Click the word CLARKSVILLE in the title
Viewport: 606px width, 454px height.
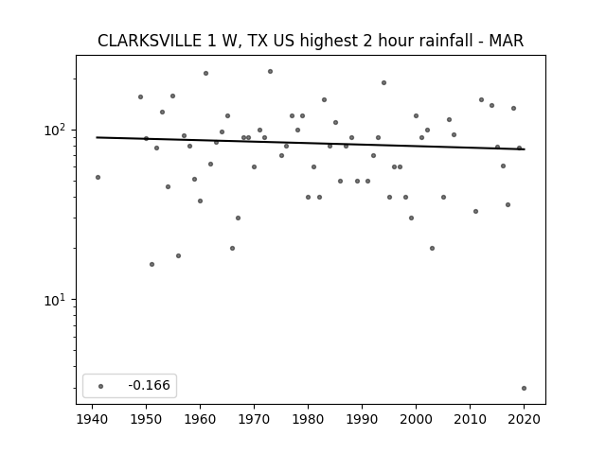[150, 41]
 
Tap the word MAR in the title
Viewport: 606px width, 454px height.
[507, 41]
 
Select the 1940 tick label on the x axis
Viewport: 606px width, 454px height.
[92, 419]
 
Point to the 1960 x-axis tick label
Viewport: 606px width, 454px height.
[200, 419]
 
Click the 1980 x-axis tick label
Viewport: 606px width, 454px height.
[308, 419]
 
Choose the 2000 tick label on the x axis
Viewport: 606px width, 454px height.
[416, 419]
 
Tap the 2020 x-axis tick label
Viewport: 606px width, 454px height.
[524, 419]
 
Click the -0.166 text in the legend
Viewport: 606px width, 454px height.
[149, 385]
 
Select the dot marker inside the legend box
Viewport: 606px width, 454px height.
[101, 386]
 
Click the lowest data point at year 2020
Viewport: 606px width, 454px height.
[524, 389]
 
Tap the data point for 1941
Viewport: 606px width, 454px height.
[98, 177]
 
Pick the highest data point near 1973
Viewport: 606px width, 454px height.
[270, 72]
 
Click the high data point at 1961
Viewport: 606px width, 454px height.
[205, 74]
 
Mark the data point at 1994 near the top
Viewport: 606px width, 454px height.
[383, 82]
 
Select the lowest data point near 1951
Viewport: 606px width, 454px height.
[151, 265]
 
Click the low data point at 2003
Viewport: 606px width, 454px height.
[432, 248]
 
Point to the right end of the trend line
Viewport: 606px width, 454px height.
[525, 149]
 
